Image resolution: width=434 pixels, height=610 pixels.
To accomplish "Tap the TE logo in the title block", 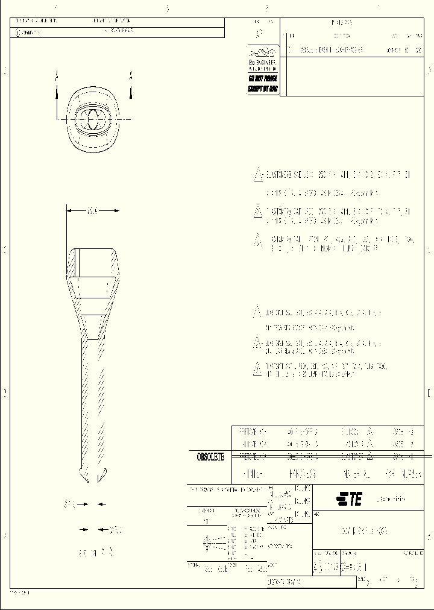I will click(349, 499).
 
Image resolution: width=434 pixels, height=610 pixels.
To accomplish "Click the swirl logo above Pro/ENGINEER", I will click(263, 52).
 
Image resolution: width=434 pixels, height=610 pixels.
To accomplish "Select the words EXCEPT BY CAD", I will click(263, 88).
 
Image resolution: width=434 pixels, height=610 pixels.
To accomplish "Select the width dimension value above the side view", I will click(92, 210).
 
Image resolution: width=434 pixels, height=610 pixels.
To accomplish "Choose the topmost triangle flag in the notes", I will click(257, 175).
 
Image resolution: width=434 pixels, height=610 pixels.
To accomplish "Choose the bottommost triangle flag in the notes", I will click(257, 368).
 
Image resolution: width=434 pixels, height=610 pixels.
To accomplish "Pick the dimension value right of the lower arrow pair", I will click(115, 530).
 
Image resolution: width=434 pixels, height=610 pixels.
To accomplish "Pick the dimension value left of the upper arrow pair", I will click(69, 504).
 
